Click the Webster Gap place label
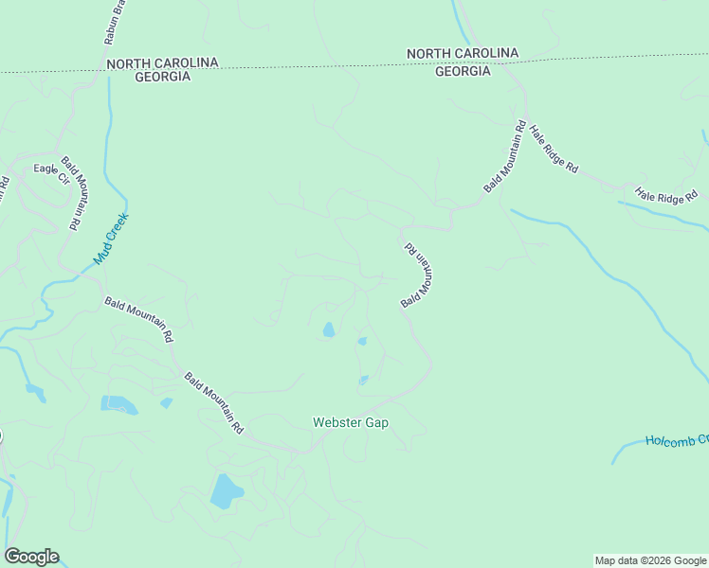tap(351, 422)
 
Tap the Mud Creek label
tap(110, 239)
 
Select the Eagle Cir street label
tap(52, 173)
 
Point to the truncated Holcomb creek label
tap(676, 440)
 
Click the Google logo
tap(31, 557)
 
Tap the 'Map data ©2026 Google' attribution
tap(650, 560)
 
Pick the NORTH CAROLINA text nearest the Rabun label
tap(162, 62)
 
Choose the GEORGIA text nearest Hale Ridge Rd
tap(463, 71)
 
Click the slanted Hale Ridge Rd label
tap(554, 150)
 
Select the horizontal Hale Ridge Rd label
tap(666, 196)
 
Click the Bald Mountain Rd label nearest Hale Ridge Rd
tap(504, 157)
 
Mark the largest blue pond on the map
tap(226, 491)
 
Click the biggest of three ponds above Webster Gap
tap(328, 329)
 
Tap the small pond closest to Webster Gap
tap(363, 381)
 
